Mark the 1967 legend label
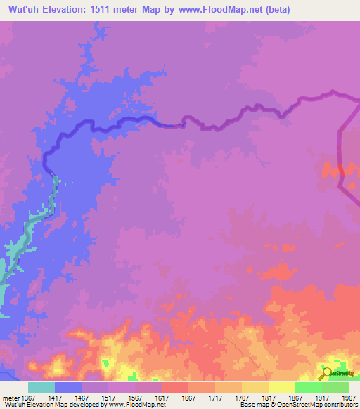[x=348, y=398]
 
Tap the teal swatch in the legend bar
[x=41, y=387]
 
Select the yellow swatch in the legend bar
[x=281, y=387]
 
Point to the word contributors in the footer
[x=339, y=405]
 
